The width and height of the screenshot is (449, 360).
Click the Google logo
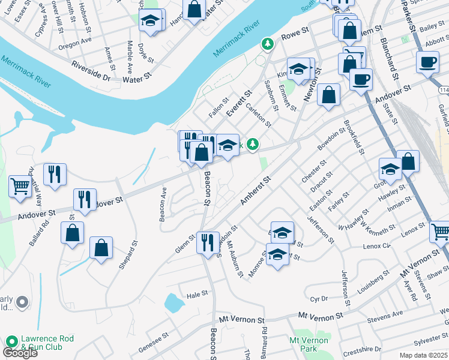pyautogui.click(x=20, y=353)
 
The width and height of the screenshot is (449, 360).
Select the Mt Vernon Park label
pyautogui.click(x=309, y=344)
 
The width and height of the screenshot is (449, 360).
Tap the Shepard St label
pyautogui.click(x=128, y=255)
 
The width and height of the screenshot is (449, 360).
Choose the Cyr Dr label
pyautogui.click(x=319, y=298)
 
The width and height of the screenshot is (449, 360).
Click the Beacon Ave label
pyautogui.click(x=163, y=205)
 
